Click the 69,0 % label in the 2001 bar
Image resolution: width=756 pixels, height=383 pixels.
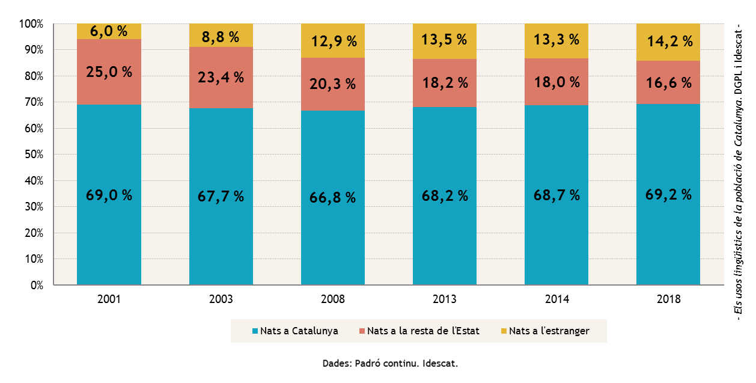pos(109,195)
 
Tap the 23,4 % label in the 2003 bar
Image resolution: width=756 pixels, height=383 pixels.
pos(221,77)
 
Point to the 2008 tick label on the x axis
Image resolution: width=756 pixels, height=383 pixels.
pos(332,299)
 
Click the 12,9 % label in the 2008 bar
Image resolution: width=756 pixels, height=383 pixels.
pos(332,41)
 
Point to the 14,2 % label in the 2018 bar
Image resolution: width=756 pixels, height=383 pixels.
pos(668,41)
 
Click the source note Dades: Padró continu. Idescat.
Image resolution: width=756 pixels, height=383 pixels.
pos(390,364)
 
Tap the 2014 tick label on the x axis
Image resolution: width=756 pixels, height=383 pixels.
pos(556,299)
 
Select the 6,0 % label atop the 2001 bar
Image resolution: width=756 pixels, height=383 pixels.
pos(109,31)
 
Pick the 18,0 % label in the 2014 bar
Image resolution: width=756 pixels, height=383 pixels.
pos(556,82)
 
